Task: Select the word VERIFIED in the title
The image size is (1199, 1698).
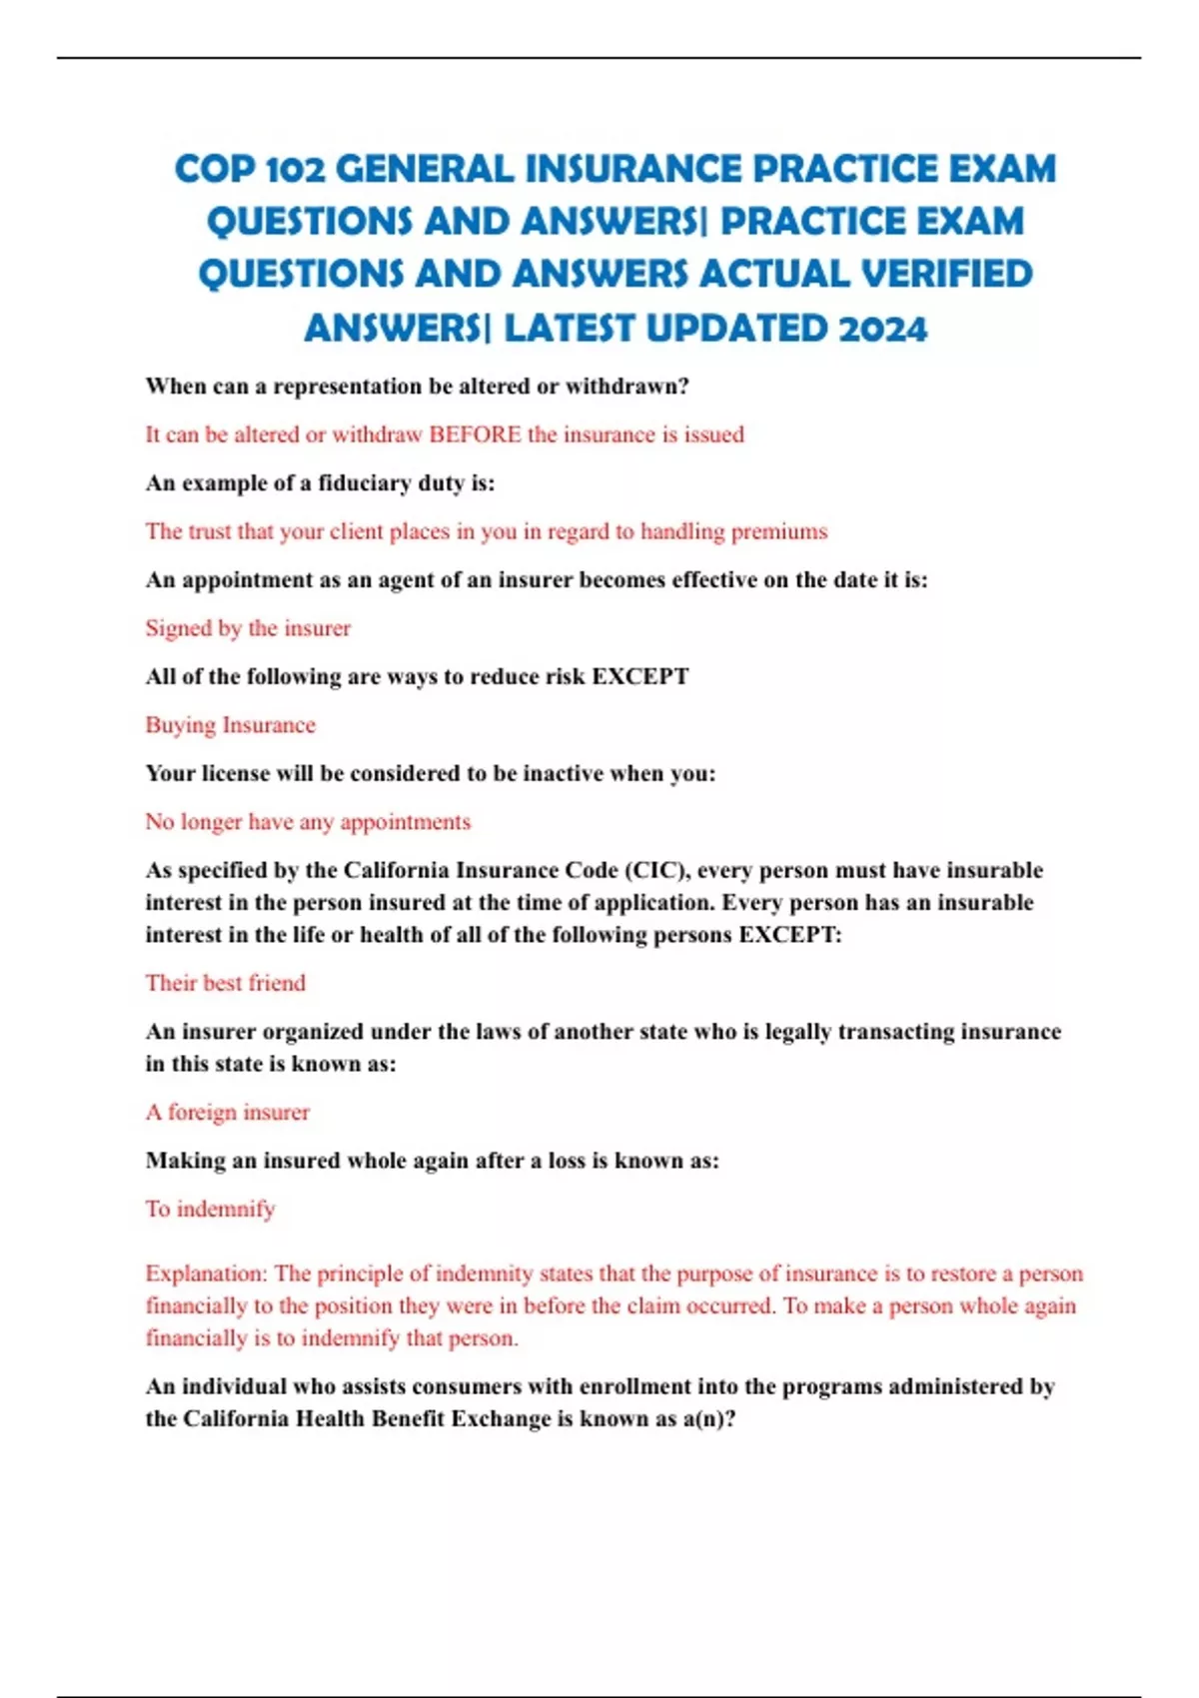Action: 947,274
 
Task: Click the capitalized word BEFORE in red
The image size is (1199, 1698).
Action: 475,434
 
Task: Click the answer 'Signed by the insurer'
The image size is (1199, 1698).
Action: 248,628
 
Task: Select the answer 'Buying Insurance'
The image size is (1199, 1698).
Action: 230,725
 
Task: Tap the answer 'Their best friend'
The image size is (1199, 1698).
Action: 225,983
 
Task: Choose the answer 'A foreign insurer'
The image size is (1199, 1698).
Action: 228,1112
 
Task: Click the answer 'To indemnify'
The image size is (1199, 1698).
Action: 210,1209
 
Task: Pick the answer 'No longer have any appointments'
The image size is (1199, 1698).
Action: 308,822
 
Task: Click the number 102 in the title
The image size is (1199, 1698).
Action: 296,169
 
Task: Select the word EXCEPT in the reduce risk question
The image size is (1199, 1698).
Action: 640,676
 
